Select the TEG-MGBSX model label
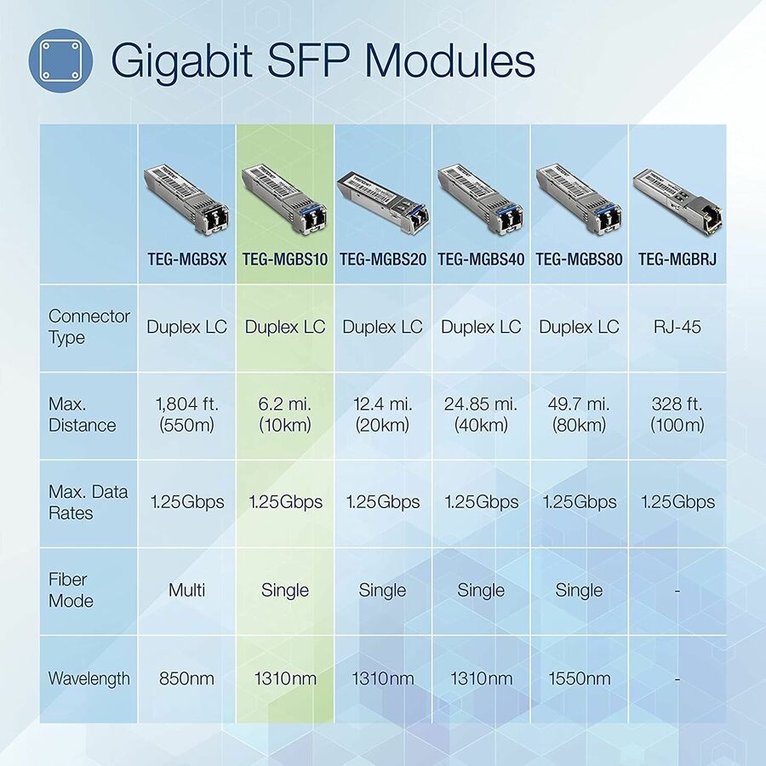tap(186, 260)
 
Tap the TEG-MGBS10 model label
tap(285, 260)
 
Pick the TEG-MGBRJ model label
tap(677, 260)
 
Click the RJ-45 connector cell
tap(677, 327)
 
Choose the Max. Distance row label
tap(82, 414)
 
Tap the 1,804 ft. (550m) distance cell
tap(186, 414)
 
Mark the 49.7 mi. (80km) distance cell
tap(579, 414)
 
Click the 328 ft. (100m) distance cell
tap(677, 414)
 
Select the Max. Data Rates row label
tap(88, 502)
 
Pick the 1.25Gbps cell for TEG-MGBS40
tap(481, 502)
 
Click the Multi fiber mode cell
tap(186, 590)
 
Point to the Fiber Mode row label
tap(71, 590)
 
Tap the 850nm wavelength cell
tap(186, 678)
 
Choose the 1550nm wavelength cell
tap(579, 678)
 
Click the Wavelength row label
tap(89, 678)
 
